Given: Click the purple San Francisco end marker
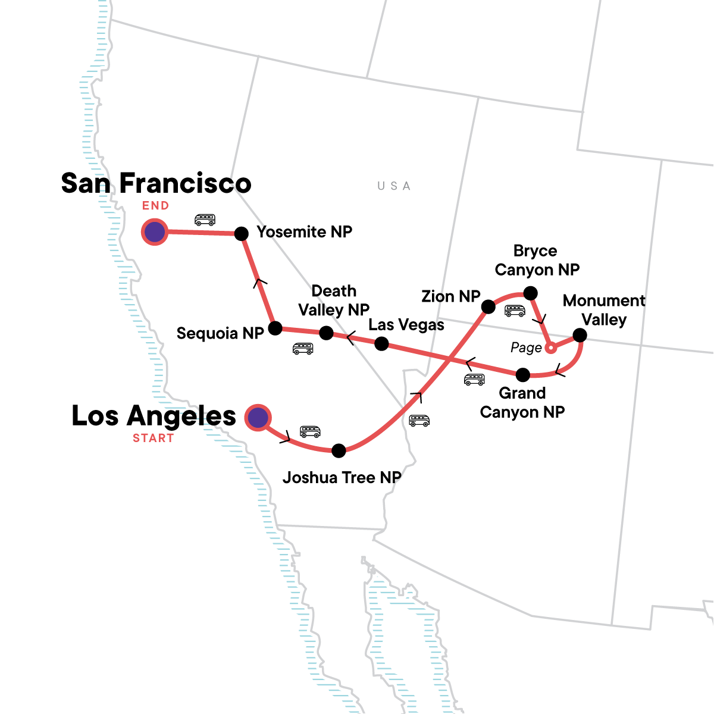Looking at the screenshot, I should pyautogui.click(x=155, y=232).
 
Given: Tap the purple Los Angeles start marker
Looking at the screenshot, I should pyautogui.click(x=258, y=418).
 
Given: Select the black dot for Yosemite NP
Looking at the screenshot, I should pyautogui.click(x=241, y=234).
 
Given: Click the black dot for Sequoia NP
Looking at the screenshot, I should pyautogui.click(x=275, y=328).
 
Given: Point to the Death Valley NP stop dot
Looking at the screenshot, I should pyautogui.click(x=326, y=333).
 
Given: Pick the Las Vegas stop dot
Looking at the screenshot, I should pyautogui.click(x=381, y=344).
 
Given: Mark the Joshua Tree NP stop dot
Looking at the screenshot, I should pyautogui.click(x=339, y=450).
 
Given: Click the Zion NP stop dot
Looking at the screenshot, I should pyautogui.click(x=488, y=307).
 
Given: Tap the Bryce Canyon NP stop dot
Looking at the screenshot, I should pyautogui.click(x=530, y=293).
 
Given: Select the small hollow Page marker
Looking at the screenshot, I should pyautogui.click(x=551, y=347).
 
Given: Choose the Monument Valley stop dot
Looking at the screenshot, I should pyautogui.click(x=580, y=336).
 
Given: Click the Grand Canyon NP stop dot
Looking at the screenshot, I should pyautogui.click(x=522, y=375).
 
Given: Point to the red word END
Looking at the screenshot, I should pyautogui.click(x=155, y=206).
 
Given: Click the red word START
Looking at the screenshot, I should pyautogui.click(x=154, y=439).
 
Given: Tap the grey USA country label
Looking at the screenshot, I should pyautogui.click(x=394, y=186).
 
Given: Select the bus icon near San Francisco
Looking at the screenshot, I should pyautogui.click(x=205, y=220).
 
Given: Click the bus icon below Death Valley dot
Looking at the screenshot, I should pyautogui.click(x=303, y=349).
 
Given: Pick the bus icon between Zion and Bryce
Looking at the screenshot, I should pyautogui.click(x=515, y=311).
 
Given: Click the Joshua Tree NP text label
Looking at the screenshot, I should pyautogui.click(x=342, y=478).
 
